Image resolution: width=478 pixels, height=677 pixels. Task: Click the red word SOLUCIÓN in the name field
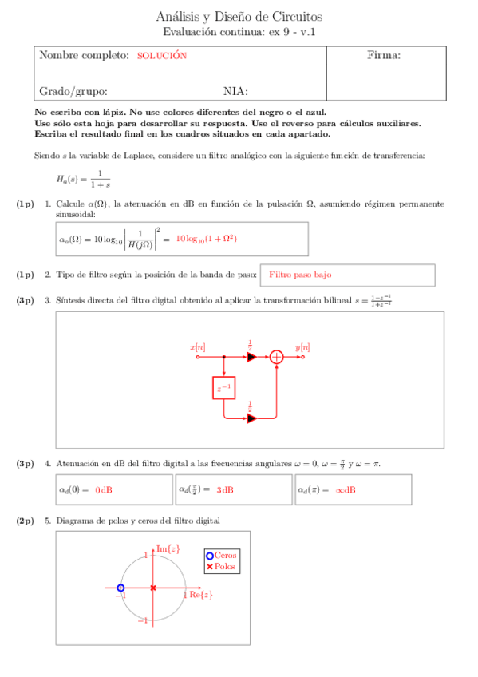[161, 56]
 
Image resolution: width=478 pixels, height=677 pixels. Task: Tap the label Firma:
[383, 56]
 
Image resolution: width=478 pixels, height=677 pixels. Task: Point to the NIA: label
[235, 91]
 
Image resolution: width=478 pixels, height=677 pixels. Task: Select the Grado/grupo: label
[73, 91]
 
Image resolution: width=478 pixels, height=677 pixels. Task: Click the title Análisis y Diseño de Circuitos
[239, 17]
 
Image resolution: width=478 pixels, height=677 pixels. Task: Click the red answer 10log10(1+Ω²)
[207, 239]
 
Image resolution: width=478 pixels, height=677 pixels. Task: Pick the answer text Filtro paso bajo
[300, 275]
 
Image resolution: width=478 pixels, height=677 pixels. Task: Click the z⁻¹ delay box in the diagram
[224, 389]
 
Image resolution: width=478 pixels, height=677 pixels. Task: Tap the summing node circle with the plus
[276, 357]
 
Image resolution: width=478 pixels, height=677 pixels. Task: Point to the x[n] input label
[197, 347]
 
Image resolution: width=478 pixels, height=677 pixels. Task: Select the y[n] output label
[302, 347]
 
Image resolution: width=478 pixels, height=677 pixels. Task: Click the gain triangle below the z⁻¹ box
[251, 418]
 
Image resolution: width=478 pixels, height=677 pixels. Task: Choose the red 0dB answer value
[104, 489]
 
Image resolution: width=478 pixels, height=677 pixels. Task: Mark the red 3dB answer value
[224, 489]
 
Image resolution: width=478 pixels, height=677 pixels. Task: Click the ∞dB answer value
[346, 489]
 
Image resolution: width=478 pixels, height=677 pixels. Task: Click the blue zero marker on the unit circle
[120, 588]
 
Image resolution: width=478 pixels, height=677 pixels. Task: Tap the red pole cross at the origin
[152, 588]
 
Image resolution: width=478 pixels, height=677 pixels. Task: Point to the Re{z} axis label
[200, 595]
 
